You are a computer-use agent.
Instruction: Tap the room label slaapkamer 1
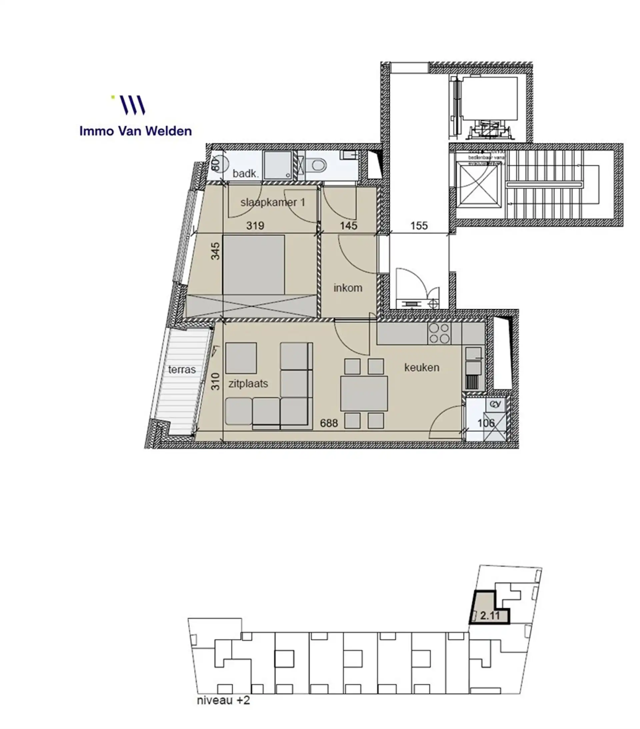point(273,202)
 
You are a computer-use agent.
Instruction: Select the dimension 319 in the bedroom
point(255,226)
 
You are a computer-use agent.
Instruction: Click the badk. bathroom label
point(245,174)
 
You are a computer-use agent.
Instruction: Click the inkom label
point(348,288)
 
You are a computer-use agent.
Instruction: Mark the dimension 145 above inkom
point(348,226)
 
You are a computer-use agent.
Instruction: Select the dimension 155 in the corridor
point(419,226)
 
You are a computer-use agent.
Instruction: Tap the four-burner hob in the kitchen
point(439,333)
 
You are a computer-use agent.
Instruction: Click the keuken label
point(421,368)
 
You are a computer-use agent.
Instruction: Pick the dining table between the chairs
point(364,393)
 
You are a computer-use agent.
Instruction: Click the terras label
point(182,370)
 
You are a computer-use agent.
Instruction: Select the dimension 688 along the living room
point(329,423)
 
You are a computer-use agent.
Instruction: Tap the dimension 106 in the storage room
point(486,423)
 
